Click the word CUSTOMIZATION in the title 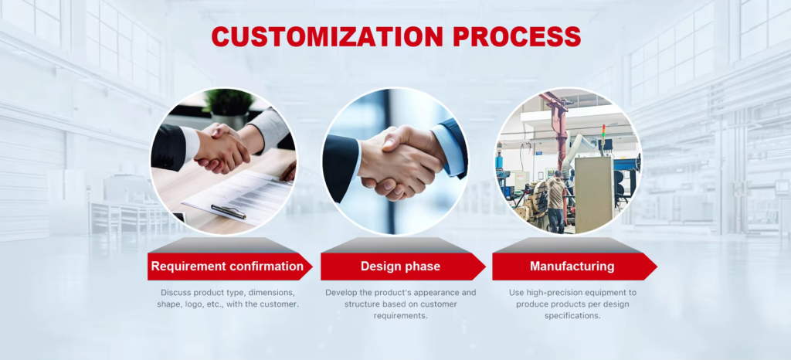[327, 37]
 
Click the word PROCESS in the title [517, 37]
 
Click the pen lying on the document [228, 211]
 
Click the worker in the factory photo [555, 202]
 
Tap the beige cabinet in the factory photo [594, 195]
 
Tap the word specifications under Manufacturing [572, 316]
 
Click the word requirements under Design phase [401, 316]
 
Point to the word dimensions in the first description [272, 293]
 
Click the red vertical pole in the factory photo [558, 136]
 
